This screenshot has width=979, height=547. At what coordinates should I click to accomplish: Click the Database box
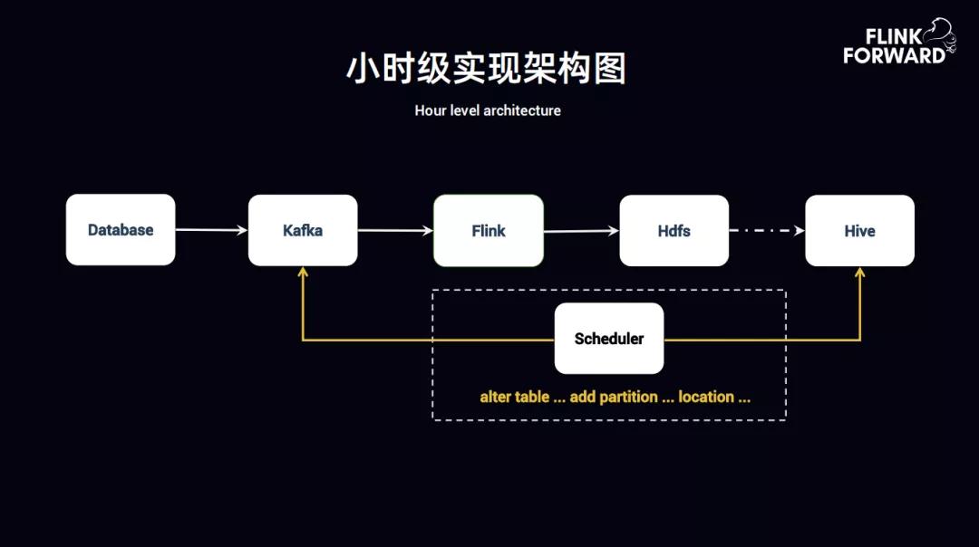coord(121,230)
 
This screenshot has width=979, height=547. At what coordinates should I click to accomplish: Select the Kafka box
coord(303,230)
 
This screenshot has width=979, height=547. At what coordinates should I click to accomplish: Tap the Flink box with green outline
coord(489,231)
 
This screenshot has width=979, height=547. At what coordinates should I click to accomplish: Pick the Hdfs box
coord(674,231)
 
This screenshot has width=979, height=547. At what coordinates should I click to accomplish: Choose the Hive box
coord(859,231)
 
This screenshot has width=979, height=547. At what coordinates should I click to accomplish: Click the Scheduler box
coord(609,339)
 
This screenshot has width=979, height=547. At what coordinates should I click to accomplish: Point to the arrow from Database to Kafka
coord(211,230)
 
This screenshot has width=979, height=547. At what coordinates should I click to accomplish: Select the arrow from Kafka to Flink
coord(395,230)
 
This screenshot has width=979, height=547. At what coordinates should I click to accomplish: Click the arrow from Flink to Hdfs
coord(581,231)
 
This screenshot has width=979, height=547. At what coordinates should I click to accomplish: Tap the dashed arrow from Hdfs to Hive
coord(767,231)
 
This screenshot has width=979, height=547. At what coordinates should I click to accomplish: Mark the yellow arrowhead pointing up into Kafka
coord(303,273)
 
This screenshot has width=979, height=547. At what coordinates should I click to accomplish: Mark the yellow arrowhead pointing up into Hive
coord(859,273)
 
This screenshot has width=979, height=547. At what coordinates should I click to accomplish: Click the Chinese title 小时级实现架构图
coord(487,70)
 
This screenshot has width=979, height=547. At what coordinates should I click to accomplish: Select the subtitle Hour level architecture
coord(488,110)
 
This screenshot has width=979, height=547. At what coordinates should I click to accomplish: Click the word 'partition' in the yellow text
coord(628,397)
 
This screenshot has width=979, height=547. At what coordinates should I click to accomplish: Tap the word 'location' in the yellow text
coord(706,397)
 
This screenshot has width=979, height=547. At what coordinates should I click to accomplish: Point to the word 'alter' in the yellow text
coord(495,397)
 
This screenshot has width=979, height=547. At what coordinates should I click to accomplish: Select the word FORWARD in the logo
coord(894,55)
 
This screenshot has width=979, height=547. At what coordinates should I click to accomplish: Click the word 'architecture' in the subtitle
coord(522,110)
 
